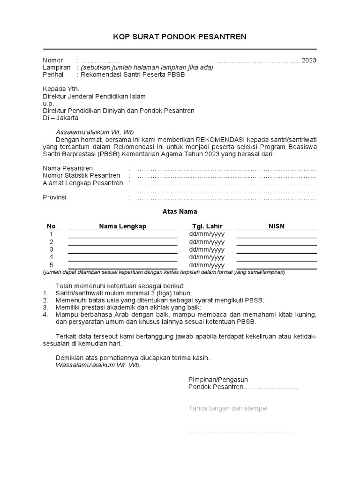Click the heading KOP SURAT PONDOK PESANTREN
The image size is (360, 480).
(x=180, y=37)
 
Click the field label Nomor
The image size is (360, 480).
(x=52, y=60)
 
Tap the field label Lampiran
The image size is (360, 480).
(x=56, y=67)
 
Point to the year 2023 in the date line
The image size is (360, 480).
(x=309, y=60)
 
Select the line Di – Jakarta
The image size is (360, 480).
(x=60, y=118)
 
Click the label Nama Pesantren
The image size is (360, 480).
(x=67, y=168)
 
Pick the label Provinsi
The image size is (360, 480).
(x=54, y=197)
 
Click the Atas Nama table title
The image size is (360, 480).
(x=180, y=212)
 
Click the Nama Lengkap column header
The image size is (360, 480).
(x=123, y=226)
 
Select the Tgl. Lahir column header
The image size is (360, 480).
(x=207, y=226)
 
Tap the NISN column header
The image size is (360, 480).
(x=277, y=226)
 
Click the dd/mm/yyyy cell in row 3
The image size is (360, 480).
(x=207, y=249)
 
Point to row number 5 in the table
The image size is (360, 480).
(x=51, y=265)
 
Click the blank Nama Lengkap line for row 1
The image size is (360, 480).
(x=123, y=236)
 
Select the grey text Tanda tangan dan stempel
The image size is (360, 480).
(x=228, y=408)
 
